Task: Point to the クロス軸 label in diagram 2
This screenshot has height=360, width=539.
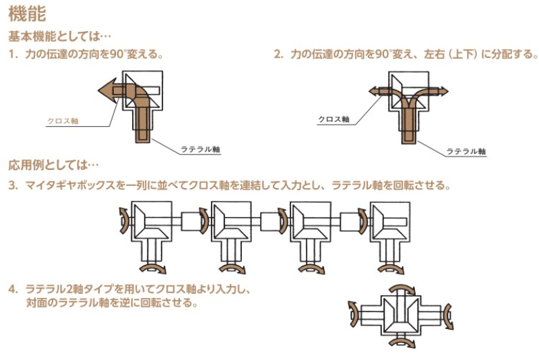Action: (x=334, y=119)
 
